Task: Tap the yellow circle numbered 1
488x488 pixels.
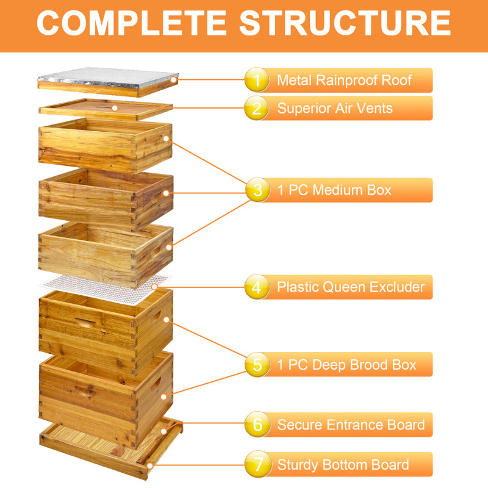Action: pyautogui.click(x=257, y=80)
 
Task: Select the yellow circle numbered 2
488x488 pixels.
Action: pyautogui.click(x=257, y=109)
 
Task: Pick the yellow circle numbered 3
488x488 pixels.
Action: pyautogui.click(x=257, y=190)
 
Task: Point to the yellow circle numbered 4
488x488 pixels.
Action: pyautogui.click(x=257, y=287)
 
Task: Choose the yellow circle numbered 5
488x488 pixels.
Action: pyautogui.click(x=257, y=365)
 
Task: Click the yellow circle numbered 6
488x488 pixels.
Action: pyautogui.click(x=257, y=425)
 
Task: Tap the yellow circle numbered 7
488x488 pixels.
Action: pyautogui.click(x=257, y=465)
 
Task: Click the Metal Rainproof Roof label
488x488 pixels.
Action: pyautogui.click(x=344, y=80)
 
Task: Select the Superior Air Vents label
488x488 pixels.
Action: pyautogui.click(x=335, y=109)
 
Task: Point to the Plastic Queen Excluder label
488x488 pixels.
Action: pyautogui.click(x=351, y=287)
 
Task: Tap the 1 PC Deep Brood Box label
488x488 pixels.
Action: pyautogui.click(x=346, y=365)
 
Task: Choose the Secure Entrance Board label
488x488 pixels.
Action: pyautogui.click(x=351, y=425)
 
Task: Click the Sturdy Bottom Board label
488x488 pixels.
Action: pyautogui.click(x=343, y=465)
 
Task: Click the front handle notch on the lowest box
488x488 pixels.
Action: pyautogui.click(x=84, y=390)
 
